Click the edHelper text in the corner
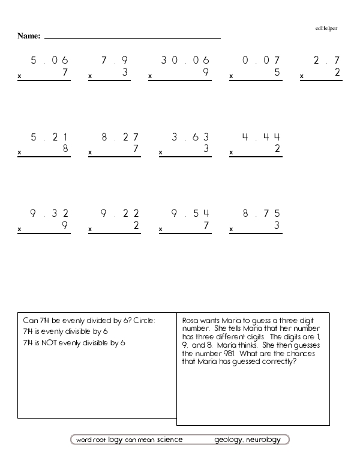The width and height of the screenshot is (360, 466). point(326,28)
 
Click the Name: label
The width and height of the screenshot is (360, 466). point(29,37)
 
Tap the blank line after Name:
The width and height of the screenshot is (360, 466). point(132,37)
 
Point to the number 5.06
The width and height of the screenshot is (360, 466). point(49,60)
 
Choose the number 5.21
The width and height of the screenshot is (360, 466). point(49,137)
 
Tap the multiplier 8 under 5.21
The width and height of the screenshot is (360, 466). point(65,149)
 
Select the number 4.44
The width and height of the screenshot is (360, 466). point(261,137)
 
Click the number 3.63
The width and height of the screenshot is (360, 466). point(190,137)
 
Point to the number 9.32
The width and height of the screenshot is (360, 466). point(49,213)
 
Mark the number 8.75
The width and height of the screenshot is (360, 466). point(261,213)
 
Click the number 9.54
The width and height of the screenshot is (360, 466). point(190,213)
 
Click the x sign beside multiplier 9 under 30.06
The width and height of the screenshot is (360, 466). point(150,77)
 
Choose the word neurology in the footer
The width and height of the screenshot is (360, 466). point(263,440)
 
